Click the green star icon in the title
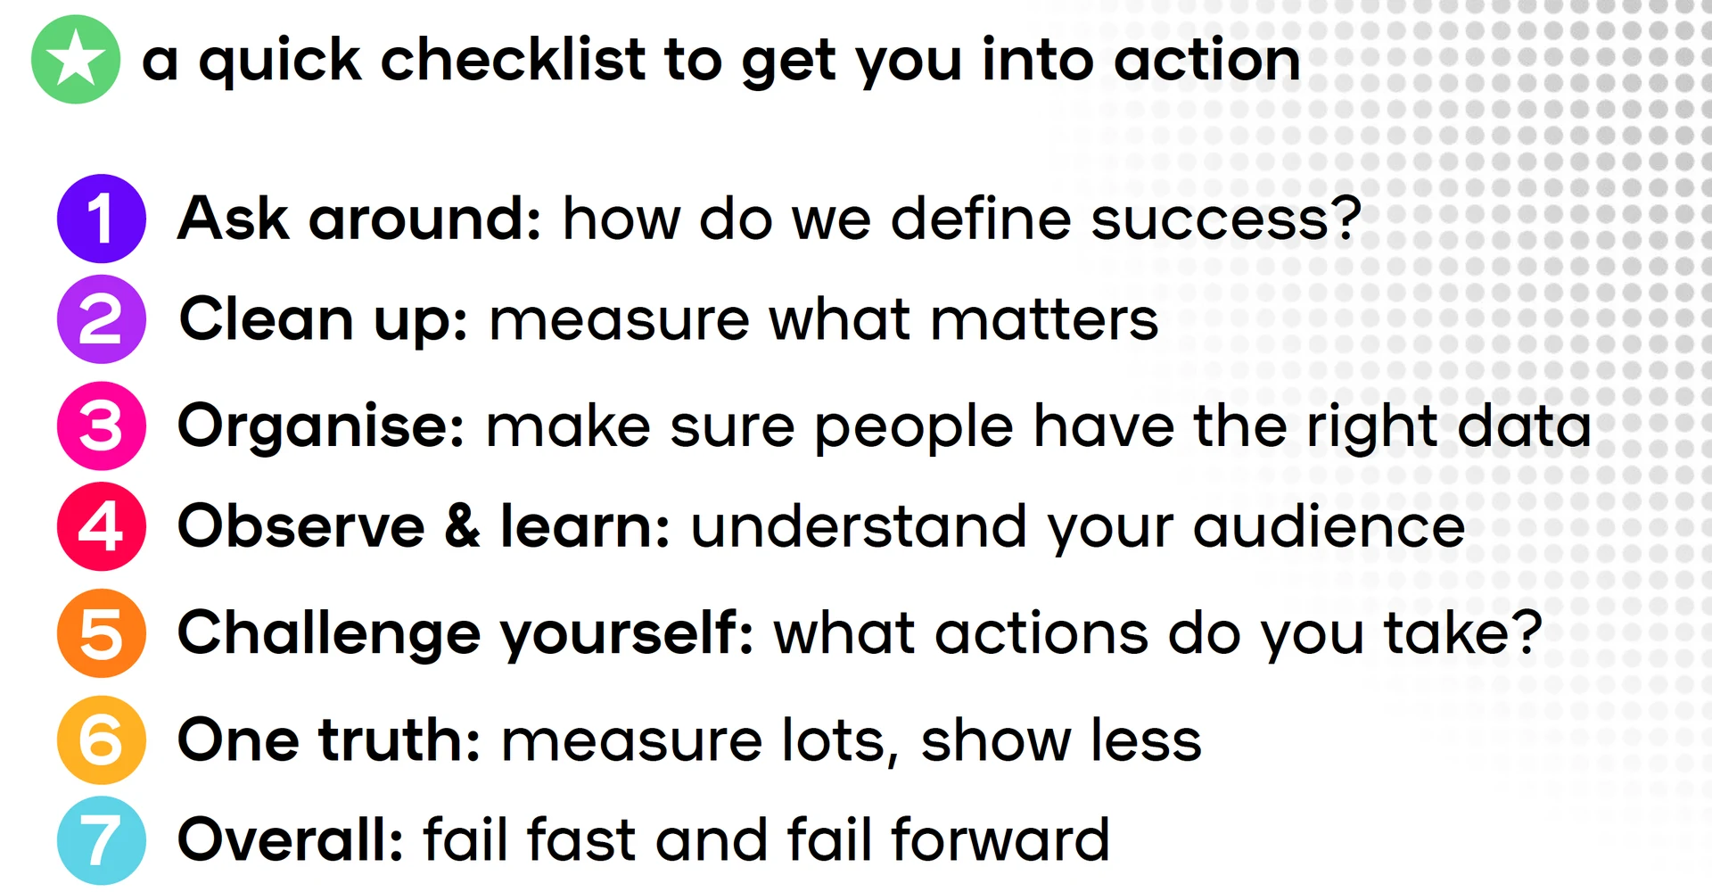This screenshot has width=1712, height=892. click(x=76, y=60)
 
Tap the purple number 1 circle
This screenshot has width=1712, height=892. click(x=102, y=219)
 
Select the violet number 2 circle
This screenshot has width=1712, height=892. click(x=102, y=319)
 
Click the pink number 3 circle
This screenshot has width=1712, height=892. click(x=102, y=426)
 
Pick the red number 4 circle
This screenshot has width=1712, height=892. click(x=102, y=526)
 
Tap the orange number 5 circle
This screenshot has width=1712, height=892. click(x=102, y=633)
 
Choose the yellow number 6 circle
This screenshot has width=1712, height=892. click(x=102, y=740)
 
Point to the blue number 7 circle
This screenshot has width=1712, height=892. click(x=102, y=840)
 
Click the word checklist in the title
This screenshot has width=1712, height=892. click(x=513, y=60)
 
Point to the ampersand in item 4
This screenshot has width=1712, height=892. click(x=462, y=526)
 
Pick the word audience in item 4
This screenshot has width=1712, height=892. click(x=1329, y=527)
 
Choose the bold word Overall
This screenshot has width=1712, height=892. click(x=291, y=840)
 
